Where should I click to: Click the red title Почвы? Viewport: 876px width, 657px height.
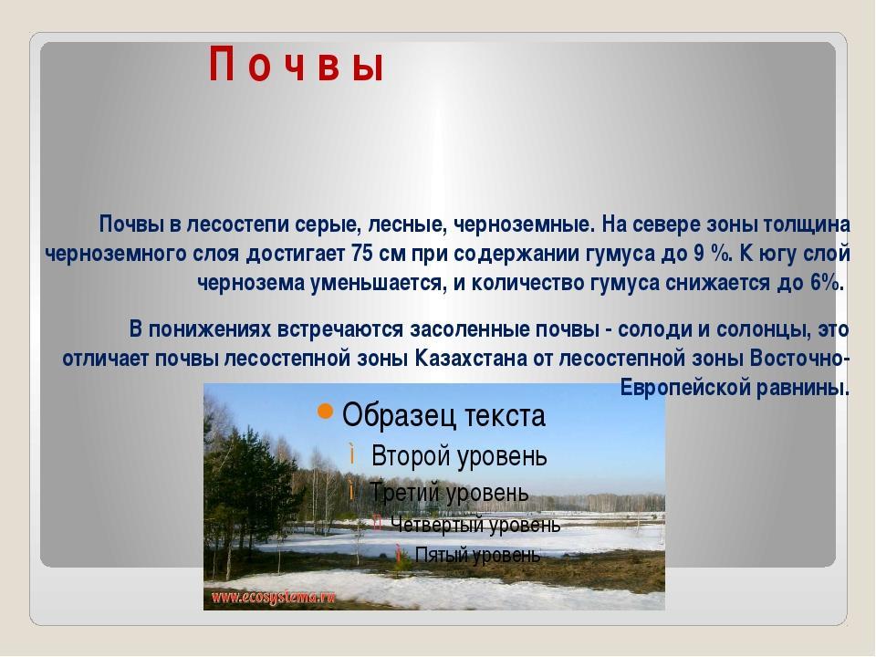coord(296,66)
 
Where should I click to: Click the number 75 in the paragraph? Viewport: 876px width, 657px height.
coord(362,254)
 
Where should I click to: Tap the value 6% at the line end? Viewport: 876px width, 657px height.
coord(825,283)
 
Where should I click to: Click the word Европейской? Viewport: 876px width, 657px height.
coord(685,388)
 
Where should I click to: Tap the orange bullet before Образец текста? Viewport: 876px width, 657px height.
coord(325,412)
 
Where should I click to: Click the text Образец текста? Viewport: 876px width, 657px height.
coord(443,416)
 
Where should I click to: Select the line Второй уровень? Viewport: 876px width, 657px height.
coord(459,456)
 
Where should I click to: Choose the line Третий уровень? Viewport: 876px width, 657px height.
coord(449,493)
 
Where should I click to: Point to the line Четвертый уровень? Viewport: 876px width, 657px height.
coord(475,525)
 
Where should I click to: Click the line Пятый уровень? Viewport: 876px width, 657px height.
coord(477,555)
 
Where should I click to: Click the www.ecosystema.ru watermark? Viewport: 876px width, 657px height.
coord(273,597)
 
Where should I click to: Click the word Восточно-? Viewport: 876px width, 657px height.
coord(800,358)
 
